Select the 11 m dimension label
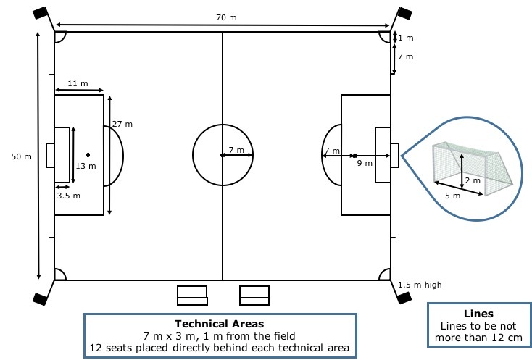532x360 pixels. click(x=78, y=84)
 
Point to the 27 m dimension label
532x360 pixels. click(x=122, y=124)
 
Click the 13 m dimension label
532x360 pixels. click(x=86, y=166)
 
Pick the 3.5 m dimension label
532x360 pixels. click(x=69, y=195)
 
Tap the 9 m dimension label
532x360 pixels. click(x=364, y=163)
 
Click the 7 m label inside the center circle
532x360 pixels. click(x=236, y=150)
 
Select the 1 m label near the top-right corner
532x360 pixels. click(x=406, y=38)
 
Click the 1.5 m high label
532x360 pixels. click(x=420, y=285)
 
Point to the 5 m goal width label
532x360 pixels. click(x=452, y=196)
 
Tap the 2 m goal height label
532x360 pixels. click(x=473, y=180)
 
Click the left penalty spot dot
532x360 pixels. click(x=88, y=154)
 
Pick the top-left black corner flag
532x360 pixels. click(x=41, y=12)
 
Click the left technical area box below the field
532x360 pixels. click(x=193, y=295)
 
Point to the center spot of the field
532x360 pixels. click(x=222, y=155)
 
